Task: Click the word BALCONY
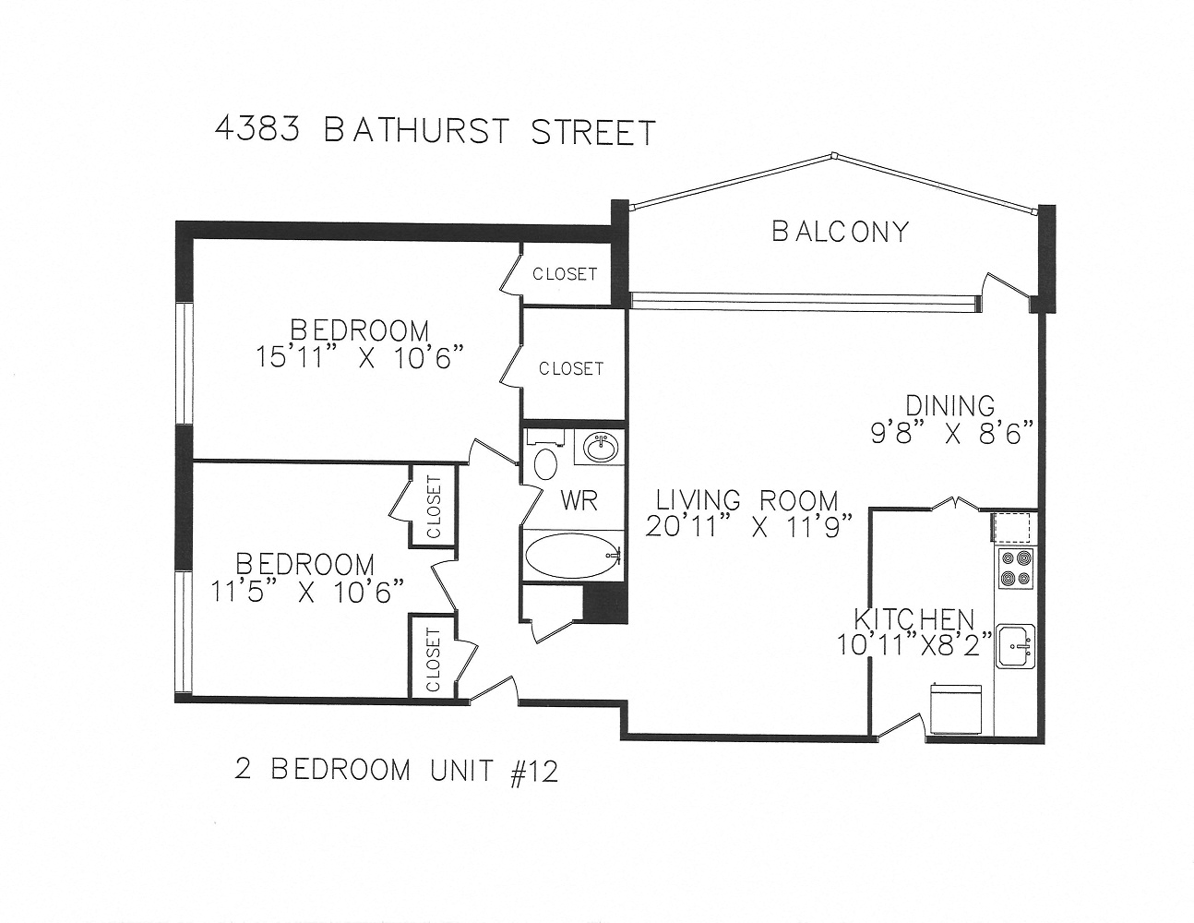coord(840,231)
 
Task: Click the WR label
coord(579,500)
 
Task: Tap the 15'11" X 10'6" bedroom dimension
coord(358,357)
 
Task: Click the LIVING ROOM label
coord(746,500)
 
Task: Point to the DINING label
coord(949,405)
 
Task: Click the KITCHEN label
coord(913,618)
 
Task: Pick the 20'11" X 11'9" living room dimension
coord(747,528)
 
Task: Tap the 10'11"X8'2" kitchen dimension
coord(913,644)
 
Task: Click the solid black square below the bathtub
coord(605,604)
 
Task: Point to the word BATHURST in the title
coord(415,131)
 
